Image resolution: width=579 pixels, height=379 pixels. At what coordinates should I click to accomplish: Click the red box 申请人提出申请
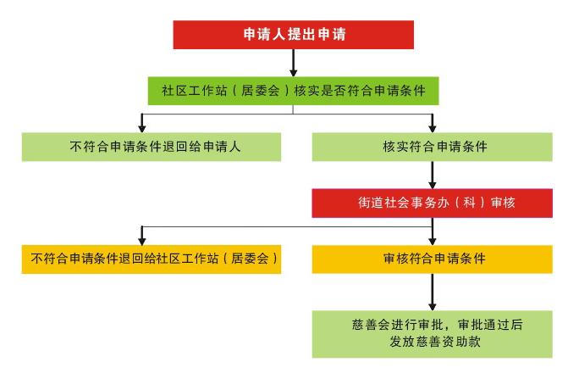click(294, 35)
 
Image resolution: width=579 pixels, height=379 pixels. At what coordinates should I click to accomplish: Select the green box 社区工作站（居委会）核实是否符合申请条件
click(294, 90)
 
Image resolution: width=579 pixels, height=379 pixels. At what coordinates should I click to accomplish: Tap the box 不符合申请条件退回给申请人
click(140, 146)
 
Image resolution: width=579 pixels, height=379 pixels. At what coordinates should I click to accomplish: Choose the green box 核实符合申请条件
click(432, 146)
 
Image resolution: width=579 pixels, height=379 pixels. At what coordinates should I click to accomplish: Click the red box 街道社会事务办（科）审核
click(432, 203)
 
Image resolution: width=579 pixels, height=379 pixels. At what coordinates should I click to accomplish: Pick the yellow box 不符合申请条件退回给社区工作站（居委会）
click(151, 259)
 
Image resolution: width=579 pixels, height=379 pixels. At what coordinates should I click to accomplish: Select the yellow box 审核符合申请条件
click(432, 259)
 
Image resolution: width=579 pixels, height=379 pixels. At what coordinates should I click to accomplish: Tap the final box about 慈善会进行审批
click(432, 333)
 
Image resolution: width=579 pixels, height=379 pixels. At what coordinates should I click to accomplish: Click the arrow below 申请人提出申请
click(294, 62)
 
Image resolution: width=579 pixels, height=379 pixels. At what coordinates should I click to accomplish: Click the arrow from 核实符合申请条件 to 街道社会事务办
click(433, 174)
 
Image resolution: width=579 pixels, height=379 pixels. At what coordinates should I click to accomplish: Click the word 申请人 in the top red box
click(262, 35)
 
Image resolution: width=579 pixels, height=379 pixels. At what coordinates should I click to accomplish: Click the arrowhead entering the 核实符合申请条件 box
click(433, 126)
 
